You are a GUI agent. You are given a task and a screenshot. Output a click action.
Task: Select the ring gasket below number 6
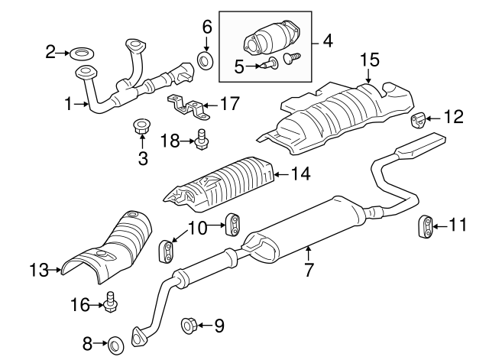tap(206, 60)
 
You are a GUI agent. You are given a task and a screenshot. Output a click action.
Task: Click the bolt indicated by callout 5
tap(270, 63)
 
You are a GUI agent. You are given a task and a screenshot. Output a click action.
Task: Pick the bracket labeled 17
tap(189, 107)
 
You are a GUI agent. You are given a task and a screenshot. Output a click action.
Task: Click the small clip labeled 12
tap(417, 121)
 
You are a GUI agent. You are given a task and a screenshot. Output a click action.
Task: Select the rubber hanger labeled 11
tap(426, 225)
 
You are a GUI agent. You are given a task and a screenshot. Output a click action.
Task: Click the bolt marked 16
tap(110, 302)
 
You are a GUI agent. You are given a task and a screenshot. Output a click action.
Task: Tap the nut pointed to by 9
tap(189, 325)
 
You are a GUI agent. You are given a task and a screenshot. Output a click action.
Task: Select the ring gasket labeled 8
tap(115, 346)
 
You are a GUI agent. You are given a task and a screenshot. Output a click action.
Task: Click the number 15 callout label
tap(370, 60)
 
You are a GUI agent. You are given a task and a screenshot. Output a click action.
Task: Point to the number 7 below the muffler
tap(309, 270)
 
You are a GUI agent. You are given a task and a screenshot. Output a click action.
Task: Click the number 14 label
tap(300, 174)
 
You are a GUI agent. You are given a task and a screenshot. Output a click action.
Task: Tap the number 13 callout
tap(39, 270)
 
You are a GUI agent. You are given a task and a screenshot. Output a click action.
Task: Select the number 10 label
tap(198, 228)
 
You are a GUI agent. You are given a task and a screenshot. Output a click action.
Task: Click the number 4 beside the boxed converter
tap(328, 41)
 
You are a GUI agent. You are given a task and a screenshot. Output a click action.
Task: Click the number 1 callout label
tap(68, 104)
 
